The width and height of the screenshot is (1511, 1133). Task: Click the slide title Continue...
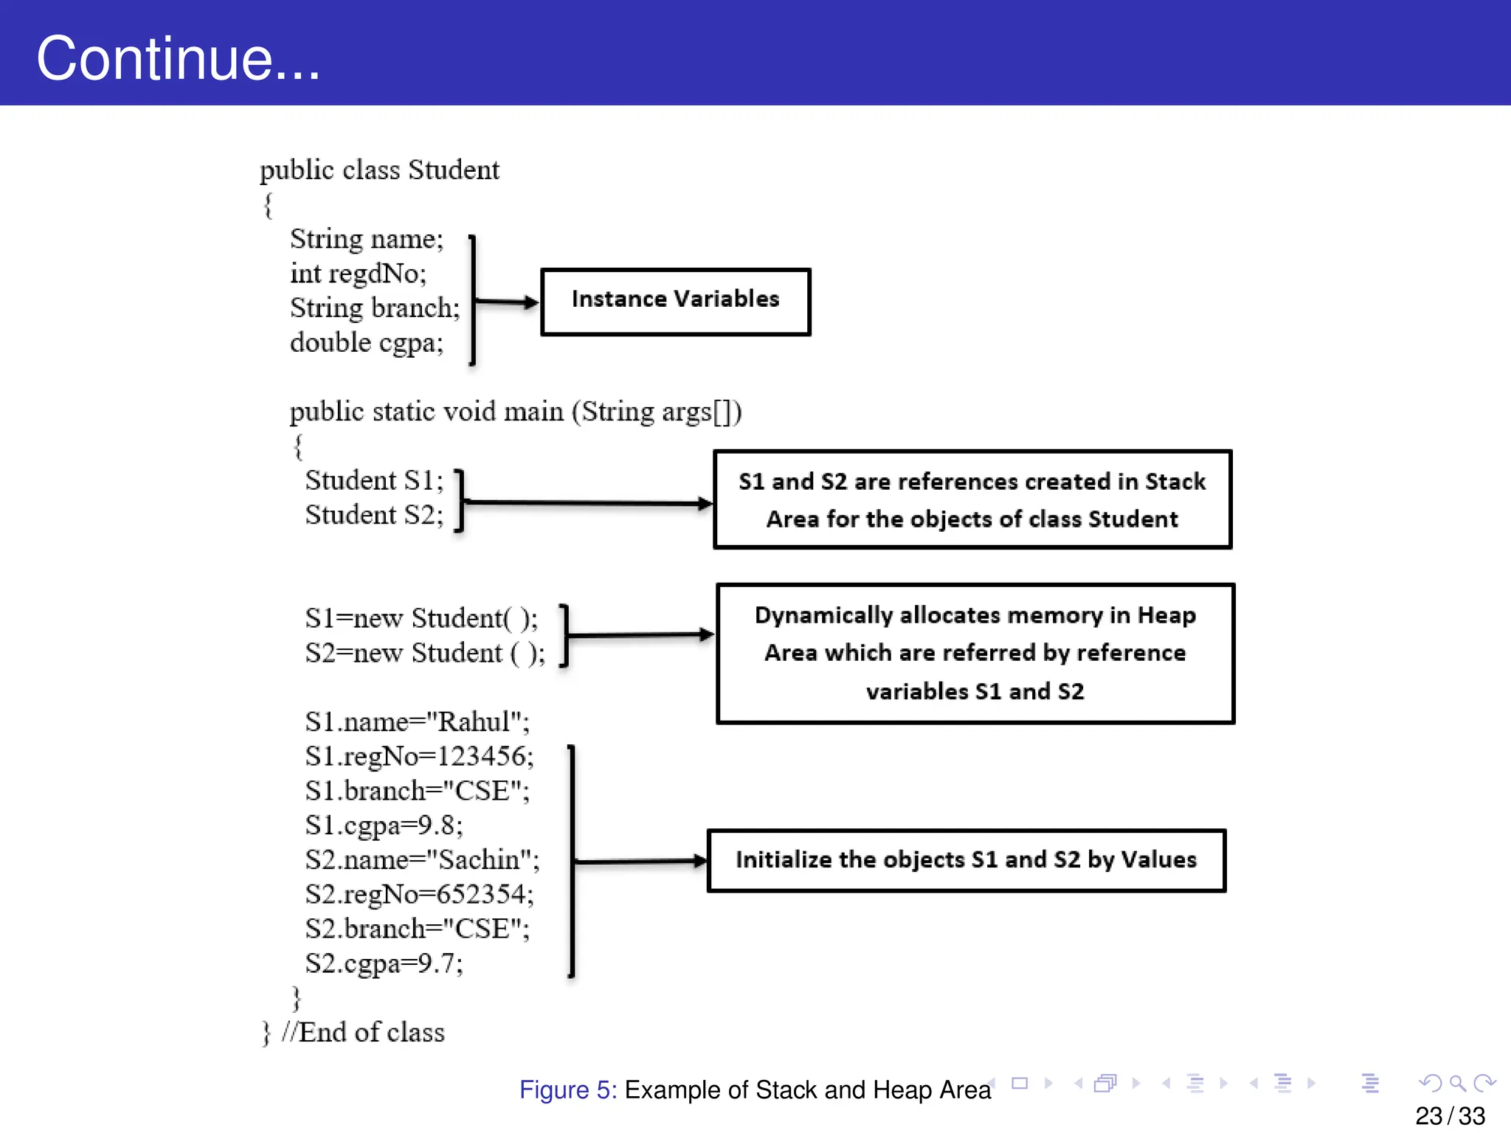pyautogui.click(x=178, y=58)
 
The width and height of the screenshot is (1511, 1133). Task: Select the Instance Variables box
pyautogui.click(x=675, y=302)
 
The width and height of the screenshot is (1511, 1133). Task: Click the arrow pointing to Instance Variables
pyautogui.click(x=506, y=302)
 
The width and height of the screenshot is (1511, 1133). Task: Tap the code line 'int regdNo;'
pyautogui.click(x=358, y=274)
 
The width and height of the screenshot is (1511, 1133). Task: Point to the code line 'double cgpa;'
pyautogui.click(x=366, y=343)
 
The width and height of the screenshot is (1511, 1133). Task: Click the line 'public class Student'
pyautogui.click(x=379, y=170)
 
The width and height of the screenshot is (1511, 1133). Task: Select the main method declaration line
pyautogui.click(x=515, y=412)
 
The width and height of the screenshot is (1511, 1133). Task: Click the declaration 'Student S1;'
pyautogui.click(x=374, y=480)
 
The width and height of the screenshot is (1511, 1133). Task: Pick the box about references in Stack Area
pyautogui.click(x=972, y=499)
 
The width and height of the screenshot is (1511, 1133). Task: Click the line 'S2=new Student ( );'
pyautogui.click(x=425, y=654)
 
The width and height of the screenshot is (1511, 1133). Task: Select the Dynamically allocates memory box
pyautogui.click(x=975, y=654)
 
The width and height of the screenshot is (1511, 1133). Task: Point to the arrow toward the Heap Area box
pyautogui.click(x=639, y=634)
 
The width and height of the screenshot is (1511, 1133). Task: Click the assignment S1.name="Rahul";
pyautogui.click(x=417, y=721)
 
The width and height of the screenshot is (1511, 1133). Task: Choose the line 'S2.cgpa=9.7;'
pyautogui.click(x=384, y=963)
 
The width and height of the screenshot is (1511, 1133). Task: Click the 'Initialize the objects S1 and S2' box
pyautogui.click(x=966, y=860)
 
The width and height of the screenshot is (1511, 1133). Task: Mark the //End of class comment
pyautogui.click(x=362, y=1033)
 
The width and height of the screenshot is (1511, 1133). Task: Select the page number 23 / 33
pyautogui.click(x=1449, y=1115)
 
